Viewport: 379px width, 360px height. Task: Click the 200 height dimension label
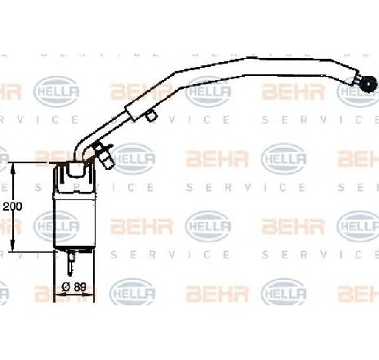point(12,207)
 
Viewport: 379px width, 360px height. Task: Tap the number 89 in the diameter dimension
point(80,287)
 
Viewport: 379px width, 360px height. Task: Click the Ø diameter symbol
point(66,287)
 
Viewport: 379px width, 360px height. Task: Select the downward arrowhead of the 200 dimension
point(13,246)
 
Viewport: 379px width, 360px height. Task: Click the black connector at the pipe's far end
point(369,83)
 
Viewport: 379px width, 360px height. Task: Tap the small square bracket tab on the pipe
point(151,115)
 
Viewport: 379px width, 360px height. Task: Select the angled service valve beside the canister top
point(105,156)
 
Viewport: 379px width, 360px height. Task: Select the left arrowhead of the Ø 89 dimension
point(58,295)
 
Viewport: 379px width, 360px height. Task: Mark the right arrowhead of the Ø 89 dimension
point(90,295)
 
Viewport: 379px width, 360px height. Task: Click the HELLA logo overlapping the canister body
point(56,226)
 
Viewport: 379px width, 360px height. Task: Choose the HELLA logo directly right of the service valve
point(132,159)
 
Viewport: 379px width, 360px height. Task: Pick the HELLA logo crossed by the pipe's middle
point(208,91)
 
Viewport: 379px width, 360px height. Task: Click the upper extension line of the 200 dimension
point(31,162)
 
